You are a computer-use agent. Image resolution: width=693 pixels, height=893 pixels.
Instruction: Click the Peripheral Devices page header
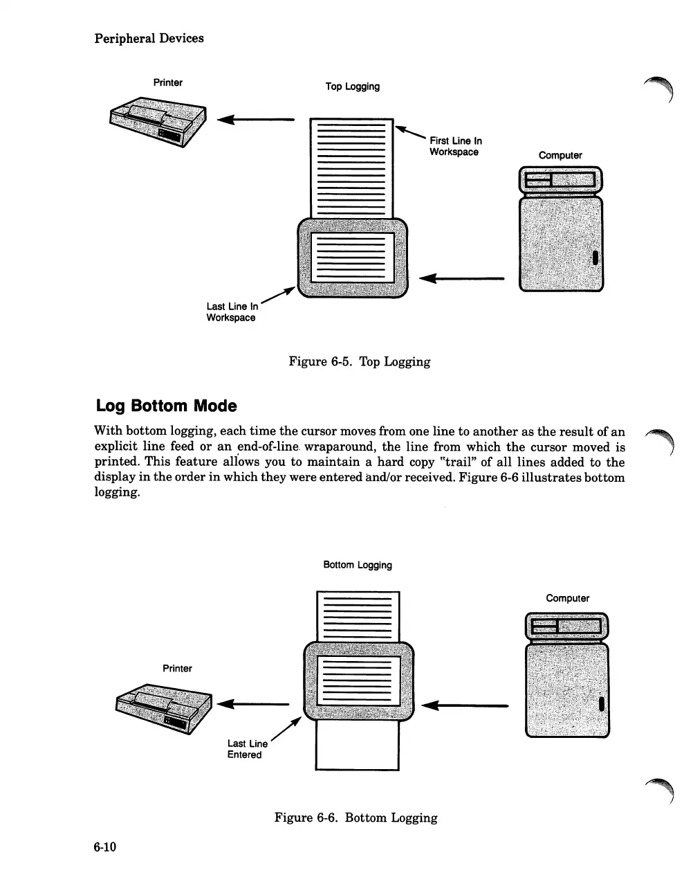(149, 38)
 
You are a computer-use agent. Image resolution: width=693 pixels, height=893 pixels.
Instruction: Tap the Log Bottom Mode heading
(165, 406)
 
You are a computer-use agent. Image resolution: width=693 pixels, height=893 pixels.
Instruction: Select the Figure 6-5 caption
(359, 361)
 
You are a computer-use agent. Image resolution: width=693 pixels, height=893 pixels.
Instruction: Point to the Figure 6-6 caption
(355, 818)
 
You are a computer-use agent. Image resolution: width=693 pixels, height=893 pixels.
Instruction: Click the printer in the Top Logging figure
(158, 122)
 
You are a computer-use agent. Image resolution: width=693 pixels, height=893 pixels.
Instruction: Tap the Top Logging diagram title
(352, 87)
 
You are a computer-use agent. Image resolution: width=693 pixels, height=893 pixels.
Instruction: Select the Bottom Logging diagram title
(358, 565)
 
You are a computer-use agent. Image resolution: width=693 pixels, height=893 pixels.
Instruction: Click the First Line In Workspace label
(455, 146)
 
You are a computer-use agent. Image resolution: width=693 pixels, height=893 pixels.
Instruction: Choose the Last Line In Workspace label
(232, 312)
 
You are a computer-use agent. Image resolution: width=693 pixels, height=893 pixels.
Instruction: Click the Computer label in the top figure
(560, 155)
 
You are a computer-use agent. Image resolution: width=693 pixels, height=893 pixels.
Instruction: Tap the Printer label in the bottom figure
(177, 668)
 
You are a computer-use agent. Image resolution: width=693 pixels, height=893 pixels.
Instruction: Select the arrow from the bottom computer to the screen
(464, 705)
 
